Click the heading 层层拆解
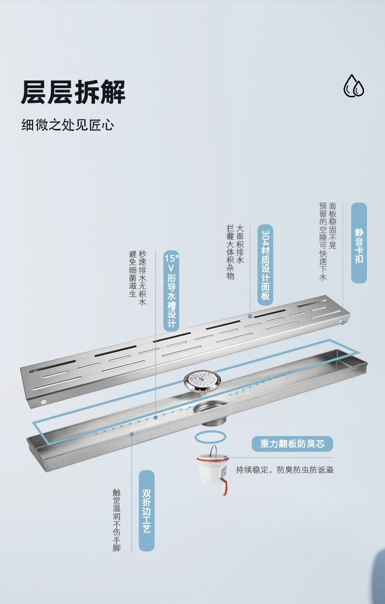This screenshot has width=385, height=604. (x=73, y=92)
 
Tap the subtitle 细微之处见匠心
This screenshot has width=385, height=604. (x=68, y=125)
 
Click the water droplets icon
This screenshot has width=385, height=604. (x=354, y=86)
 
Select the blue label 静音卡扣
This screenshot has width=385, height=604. (x=359, y=243)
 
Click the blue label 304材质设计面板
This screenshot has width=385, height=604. (x=266, y=265)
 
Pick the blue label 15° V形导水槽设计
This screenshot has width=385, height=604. (x=172, y=291)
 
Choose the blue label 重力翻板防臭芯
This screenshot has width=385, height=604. (x=292, y=444)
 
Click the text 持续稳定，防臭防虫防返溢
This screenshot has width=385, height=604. (x=285, y=470)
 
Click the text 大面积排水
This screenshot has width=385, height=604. (x=240, y=244)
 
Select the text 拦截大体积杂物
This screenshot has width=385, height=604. (x=231, y=253)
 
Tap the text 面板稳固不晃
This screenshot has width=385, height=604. (x=333, y=226)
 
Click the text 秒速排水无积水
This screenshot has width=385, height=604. (x=143, y=278)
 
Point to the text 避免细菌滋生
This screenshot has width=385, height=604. (x=133, y=274)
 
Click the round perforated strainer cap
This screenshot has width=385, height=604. (x=202, y=381)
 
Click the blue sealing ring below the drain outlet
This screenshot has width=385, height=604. (x=211, y=437)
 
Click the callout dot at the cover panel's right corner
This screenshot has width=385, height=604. (x=343, y=323)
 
